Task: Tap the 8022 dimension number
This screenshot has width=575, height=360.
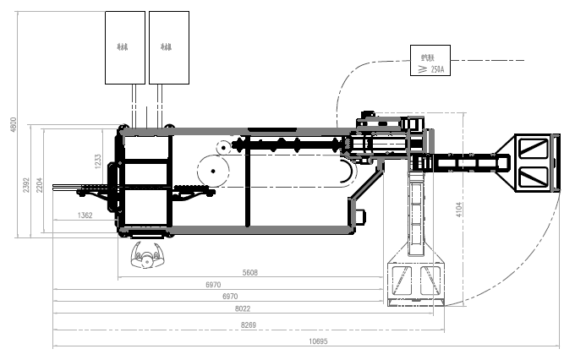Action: (244, 310)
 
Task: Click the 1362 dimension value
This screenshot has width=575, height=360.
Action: (85, 216)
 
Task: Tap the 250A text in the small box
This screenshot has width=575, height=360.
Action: (436, 69)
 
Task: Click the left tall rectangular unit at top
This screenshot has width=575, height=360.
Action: (124, 47)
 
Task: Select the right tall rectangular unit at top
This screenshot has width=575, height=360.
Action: (168, 47)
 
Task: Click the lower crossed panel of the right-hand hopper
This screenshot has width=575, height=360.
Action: (534, 177)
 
